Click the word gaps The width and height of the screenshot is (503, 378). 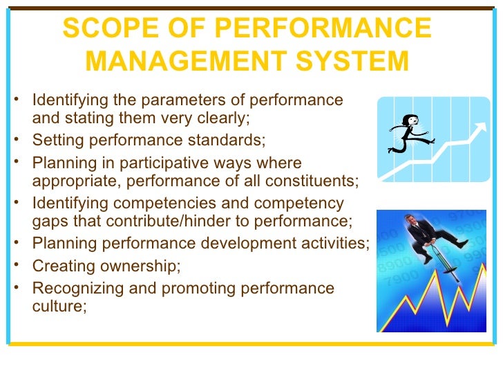point(49,222)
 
